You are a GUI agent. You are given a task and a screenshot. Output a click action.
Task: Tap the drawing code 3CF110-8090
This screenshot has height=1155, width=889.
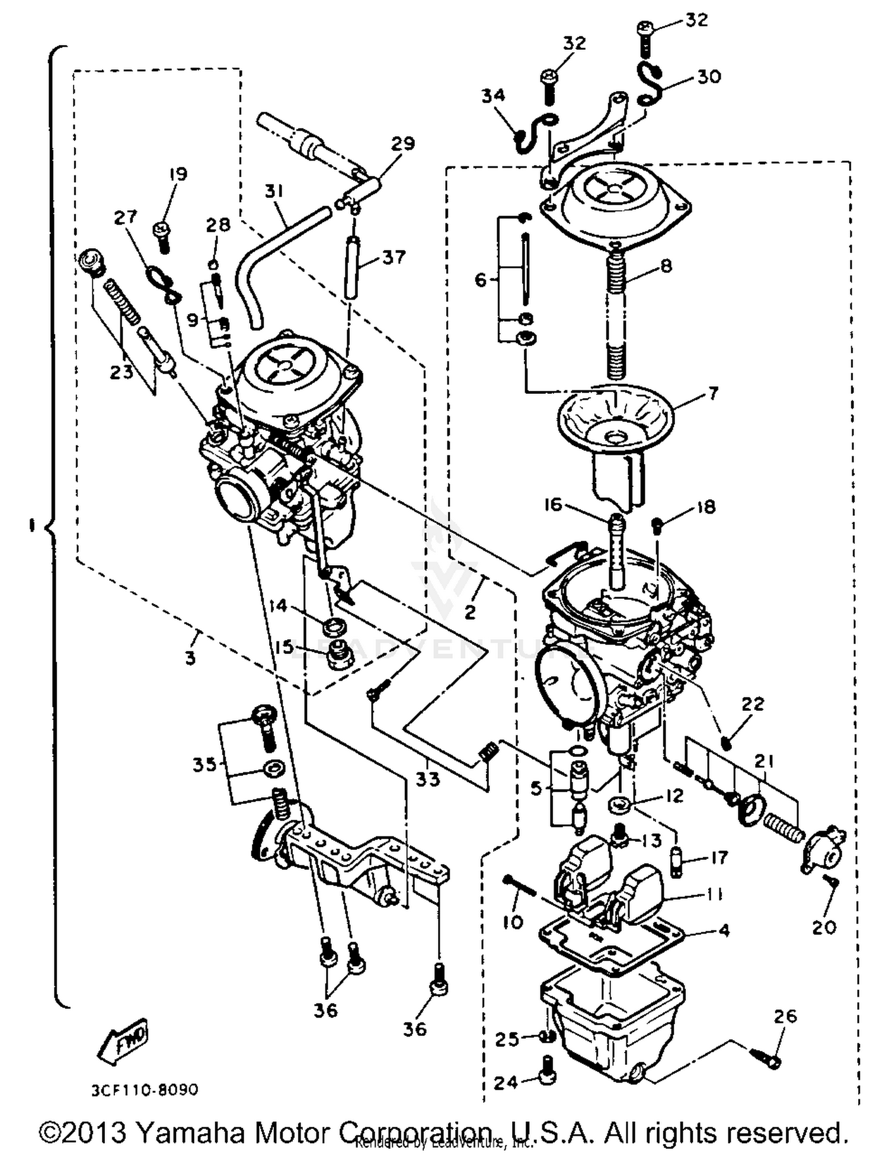point(145,1090)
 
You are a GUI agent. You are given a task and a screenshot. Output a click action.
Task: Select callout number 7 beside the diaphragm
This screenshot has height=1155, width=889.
point(712,393)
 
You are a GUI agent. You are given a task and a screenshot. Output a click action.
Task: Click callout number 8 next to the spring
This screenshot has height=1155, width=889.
point(666,266)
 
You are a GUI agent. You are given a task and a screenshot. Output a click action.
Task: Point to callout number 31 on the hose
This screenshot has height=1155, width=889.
point(273,191)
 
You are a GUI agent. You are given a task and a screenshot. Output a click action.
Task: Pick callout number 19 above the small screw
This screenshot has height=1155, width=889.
point(177,174)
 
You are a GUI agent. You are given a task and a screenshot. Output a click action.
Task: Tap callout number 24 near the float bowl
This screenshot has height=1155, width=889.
point(506,1083)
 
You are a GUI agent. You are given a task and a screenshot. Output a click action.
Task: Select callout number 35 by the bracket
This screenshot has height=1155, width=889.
point(204,765)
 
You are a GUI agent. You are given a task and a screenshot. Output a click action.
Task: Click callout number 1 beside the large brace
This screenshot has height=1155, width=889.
point(31,525)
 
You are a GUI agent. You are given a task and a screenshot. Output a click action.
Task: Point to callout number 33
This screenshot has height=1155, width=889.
point(427,779)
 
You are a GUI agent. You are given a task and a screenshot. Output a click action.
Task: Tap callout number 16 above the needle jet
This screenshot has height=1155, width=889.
point(553,505)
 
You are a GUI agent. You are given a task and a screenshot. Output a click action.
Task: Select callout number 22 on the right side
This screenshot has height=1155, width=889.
point(753,704)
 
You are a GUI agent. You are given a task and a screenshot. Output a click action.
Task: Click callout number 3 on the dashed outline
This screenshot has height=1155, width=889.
point(190,657)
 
